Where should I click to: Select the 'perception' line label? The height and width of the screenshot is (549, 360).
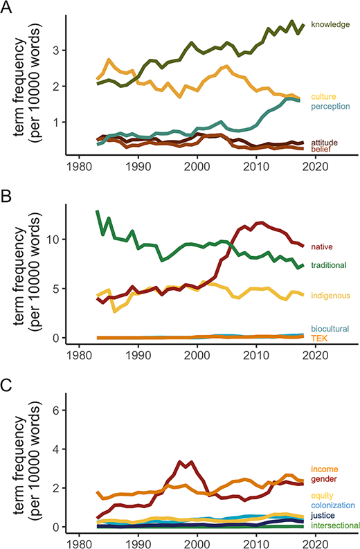click(x=330, y=106)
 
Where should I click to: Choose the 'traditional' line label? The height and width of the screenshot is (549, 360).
click(x=327, y=265)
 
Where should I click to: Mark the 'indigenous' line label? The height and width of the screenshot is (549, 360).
click(x=329, y=296)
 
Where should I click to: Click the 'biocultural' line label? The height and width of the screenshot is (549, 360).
click(x=330, y=329)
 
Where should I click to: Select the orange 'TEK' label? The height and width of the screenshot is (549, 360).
click(x=318, y=339)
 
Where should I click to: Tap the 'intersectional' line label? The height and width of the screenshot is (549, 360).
click(x=335, y=526)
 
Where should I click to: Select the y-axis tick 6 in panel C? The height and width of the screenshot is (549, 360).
click(x=60, y=410)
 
